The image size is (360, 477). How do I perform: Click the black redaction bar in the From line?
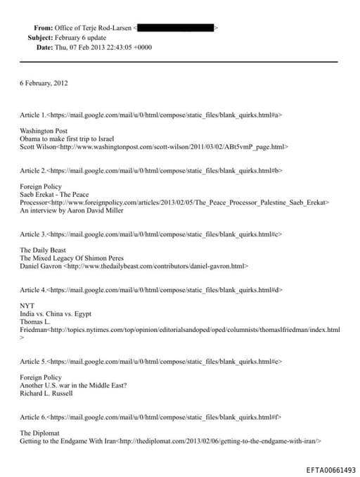coord(176,27)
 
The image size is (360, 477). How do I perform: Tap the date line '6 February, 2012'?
coord(44,83)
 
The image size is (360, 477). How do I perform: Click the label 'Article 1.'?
coord(33,113)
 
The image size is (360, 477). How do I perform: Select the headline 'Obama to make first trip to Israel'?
coord(67,139)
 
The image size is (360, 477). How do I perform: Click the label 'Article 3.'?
coord(33,234)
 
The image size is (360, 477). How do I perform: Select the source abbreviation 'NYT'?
coord(27,305)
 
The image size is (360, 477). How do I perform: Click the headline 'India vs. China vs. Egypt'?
coord(56,314)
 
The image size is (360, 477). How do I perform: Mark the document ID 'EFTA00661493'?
coord(331,469)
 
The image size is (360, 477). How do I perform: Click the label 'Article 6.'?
coord(33,417)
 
